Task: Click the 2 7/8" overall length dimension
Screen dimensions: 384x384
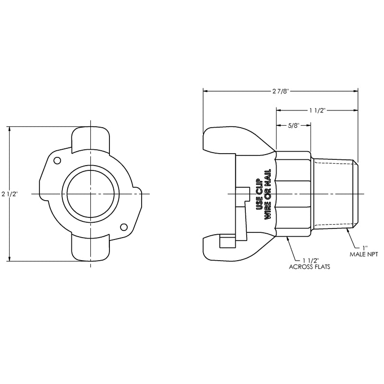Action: coord(281,91)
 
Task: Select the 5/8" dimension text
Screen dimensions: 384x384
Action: coord(293,126)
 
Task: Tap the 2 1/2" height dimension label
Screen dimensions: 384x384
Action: coord(10,194)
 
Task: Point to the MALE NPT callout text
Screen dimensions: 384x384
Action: coord(364,254)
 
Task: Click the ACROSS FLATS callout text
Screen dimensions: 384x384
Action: coord(309,267)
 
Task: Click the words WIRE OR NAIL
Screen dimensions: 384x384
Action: coord(267,194)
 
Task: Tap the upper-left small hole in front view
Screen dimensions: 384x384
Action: coord(57,161)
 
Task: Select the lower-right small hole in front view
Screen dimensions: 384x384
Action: coord(124,227)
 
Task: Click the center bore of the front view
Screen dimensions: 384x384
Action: coord(91,194)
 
